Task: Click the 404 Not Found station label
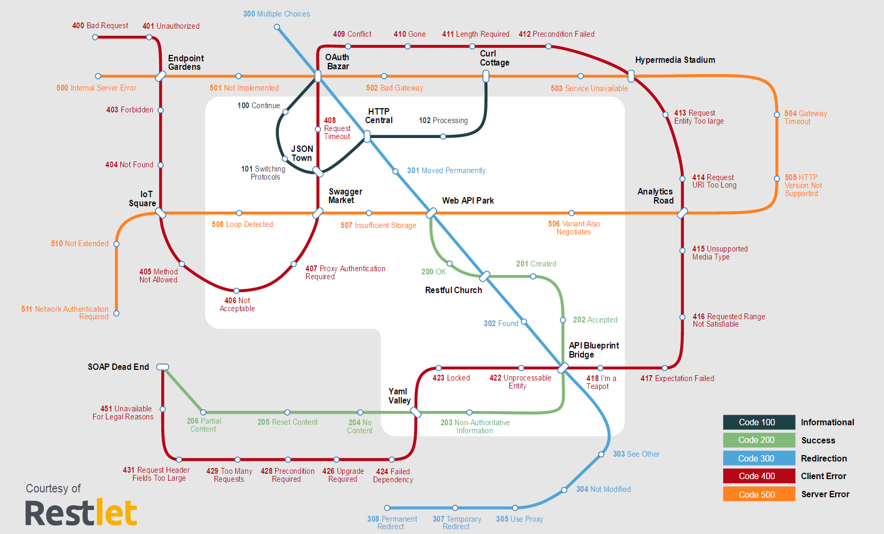click(x=129, y=165)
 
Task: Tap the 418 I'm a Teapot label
click(x=601, y=382)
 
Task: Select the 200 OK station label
click(x=433, y=272)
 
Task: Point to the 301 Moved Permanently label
click(x=446, y=171)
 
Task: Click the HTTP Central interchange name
click(x=378, y=116)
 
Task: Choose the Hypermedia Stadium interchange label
click(x=675, y=60)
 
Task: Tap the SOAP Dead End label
click(x=118, y=367)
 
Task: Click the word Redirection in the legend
click(x=823, y=458)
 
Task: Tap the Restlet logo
click(x=81, y=513)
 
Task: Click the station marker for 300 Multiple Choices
click(x=277, y=27)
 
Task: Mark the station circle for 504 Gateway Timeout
click(x=776, y=115)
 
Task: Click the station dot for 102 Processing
click(x=443, y=136)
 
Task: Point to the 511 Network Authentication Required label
click(x=65, y=313)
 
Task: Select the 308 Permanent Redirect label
click(x=392, y=523)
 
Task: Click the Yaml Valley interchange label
click(x=399, y=396)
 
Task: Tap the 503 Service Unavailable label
click(x=589, y=88)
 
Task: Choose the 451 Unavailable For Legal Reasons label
click(x=123, y=412)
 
